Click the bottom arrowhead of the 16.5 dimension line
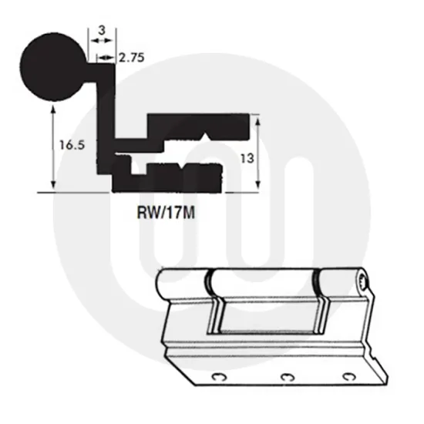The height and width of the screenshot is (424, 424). tap(52, 187)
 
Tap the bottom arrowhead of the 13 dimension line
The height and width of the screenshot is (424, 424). tap(257, 187)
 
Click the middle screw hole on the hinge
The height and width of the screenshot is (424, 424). tap(287, 376)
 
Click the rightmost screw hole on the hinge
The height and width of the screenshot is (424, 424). tap(352, 378)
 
